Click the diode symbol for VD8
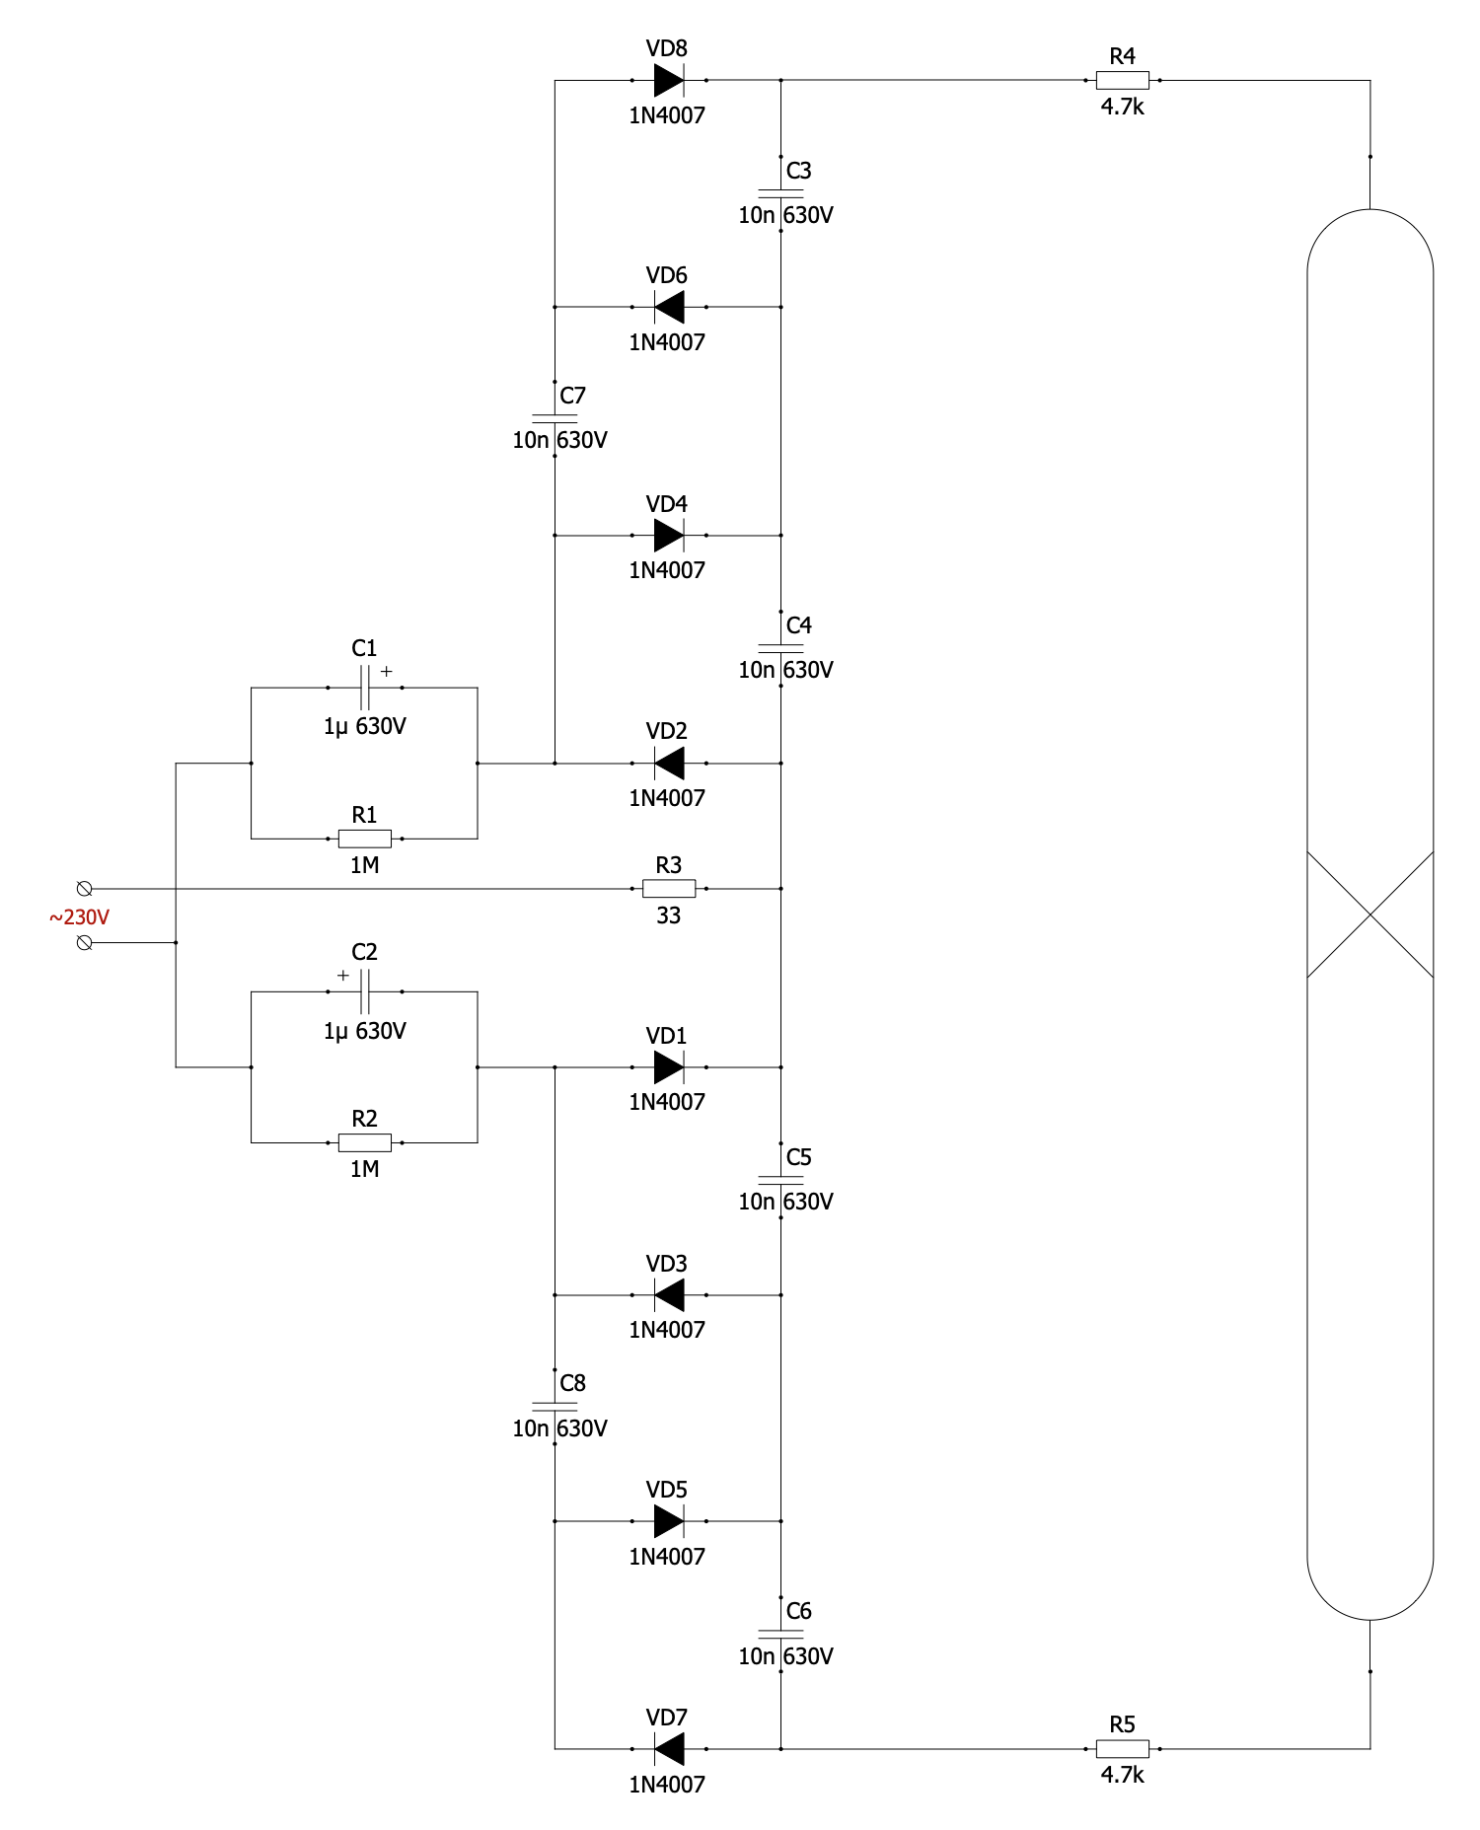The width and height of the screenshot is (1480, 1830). point(669,80)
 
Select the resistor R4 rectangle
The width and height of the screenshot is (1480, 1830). point(1122,80)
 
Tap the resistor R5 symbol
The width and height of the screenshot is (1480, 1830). point(1122,1748)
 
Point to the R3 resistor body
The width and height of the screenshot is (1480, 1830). point(669,889)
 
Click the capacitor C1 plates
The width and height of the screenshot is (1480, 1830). point(365,688)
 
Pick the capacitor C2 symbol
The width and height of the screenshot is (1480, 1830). point(365,991)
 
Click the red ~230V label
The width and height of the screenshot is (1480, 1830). point(79,917)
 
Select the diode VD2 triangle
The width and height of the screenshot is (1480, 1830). point(669,763)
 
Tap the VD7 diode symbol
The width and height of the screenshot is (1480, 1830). point(669,1748)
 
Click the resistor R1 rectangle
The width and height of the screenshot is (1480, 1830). point(365,839)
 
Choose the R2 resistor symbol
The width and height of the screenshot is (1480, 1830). point(365,1142)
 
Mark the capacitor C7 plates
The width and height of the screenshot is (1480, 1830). point(555,418)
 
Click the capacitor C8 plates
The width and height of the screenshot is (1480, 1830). point(555,1406)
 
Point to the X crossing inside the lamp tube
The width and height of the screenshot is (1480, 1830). point(1369,915)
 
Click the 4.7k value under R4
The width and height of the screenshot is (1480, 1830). point(1122,107)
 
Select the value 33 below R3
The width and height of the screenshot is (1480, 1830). point(669,915)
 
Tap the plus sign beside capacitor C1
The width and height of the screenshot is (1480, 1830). point(387,671)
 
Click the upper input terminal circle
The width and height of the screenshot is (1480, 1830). point(85,889)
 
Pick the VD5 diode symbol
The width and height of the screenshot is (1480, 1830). point(669,1521)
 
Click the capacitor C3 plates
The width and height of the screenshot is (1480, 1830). point(780,193)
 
